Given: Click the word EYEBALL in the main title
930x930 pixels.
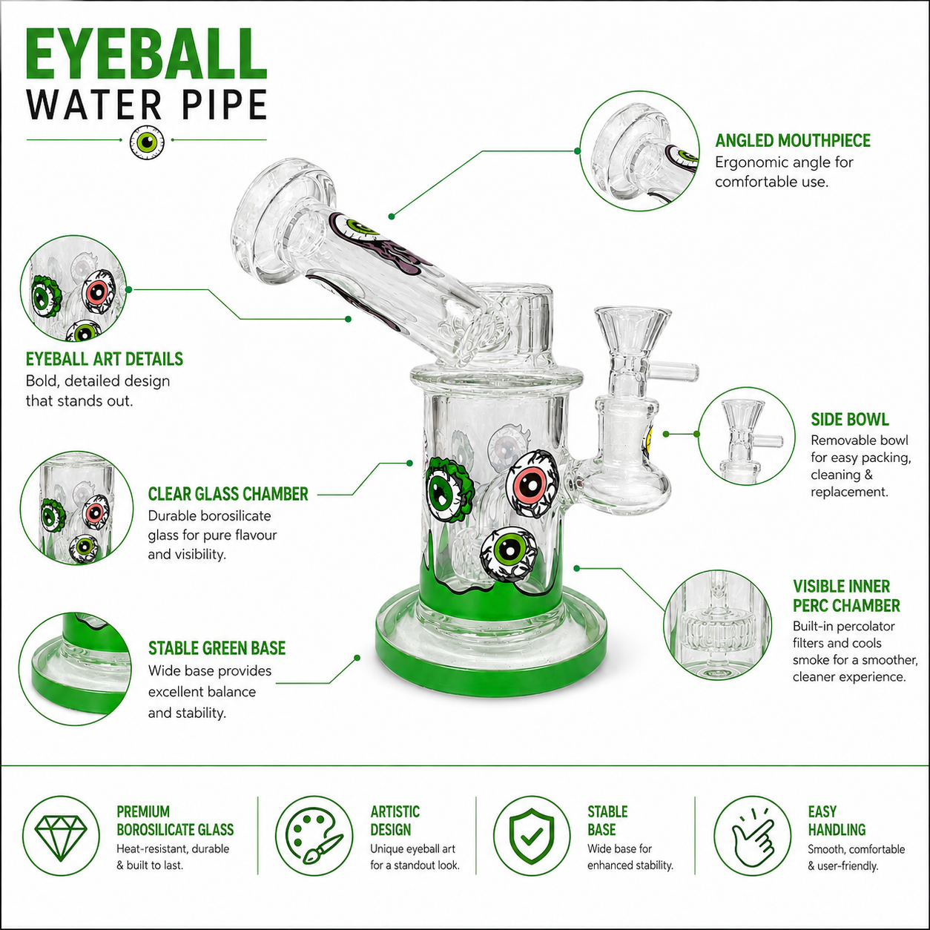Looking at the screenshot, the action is tap(146, 54).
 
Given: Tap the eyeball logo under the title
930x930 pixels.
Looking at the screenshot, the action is tap(147, 142).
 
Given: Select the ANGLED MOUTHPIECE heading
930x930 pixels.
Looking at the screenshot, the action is tap(793, 140).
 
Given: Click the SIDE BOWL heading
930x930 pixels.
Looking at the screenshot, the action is tap(849, 420).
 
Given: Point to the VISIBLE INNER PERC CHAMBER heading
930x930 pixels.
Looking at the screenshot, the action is tap(846, 596).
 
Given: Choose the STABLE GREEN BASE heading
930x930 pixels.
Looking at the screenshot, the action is tap(217, 648).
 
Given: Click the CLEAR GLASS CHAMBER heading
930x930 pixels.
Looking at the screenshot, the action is tap(228, 494).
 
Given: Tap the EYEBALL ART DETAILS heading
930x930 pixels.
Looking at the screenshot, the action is tap(105, 359).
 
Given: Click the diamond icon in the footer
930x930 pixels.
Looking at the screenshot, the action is tap(61, 837).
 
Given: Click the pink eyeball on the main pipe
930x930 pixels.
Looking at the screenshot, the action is tap(532, 484).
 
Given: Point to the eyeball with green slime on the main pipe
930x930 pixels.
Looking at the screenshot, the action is tap(449, 489).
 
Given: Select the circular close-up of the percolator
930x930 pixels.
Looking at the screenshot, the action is tap(718, 624).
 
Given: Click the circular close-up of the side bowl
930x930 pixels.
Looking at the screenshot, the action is tap(746, 435).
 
